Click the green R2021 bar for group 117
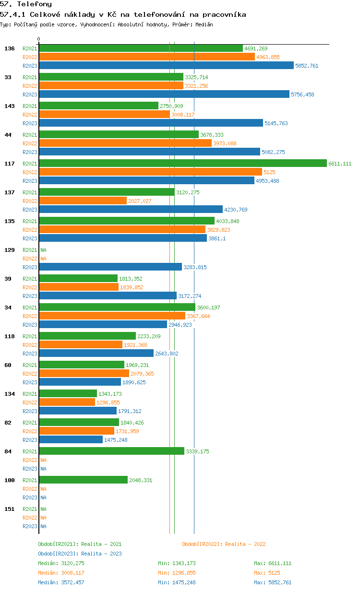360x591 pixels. point(183,163)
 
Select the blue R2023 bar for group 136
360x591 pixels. point(166,65)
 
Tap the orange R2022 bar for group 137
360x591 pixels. point(83,201)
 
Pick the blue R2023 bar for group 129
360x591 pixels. point(110,267)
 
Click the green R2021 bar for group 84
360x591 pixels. point(112,451)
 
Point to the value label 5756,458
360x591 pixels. point(302,95)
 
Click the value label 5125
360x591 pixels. point(269,172)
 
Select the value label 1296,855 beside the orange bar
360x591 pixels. point(108,402)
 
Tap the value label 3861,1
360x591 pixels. point(217,238)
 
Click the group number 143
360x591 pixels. point(10,106)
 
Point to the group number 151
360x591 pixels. point(10,509)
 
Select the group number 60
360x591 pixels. point(8,365)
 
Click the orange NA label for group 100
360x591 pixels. point(43,489)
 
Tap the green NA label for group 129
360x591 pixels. point(43,250)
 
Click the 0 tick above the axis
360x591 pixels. point(38,39)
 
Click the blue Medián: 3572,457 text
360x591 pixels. point(61,582)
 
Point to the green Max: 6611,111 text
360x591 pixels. point(273,563)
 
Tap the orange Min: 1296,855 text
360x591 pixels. point(177,573)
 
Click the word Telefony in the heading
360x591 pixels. point(34,4)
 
